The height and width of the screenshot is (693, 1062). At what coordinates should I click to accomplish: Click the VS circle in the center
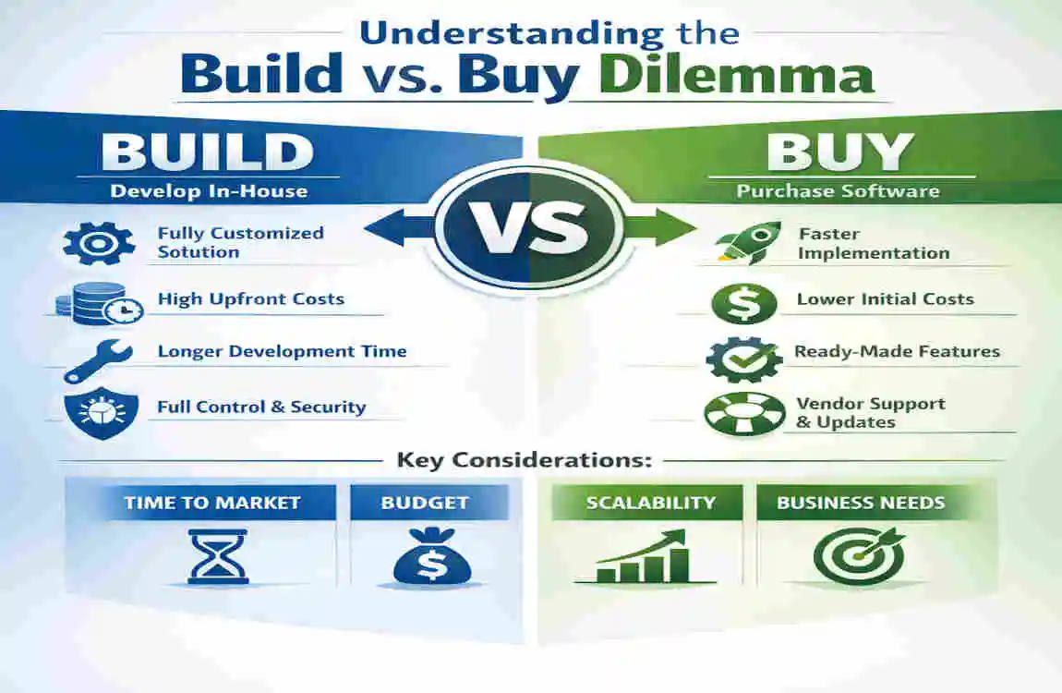pos(529,226)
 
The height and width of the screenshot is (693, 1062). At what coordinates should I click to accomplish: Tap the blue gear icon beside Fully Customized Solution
pos(92,242)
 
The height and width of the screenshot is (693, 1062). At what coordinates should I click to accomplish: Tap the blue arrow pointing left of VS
pos(399,226)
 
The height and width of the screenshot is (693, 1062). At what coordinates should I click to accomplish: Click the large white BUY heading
pos(839,152)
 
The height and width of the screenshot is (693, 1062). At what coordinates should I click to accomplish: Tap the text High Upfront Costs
pos(250,299)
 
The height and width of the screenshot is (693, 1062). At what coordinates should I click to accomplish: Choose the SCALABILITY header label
pos(650,503)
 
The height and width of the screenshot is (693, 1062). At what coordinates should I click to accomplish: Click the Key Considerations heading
pos(524,459)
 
